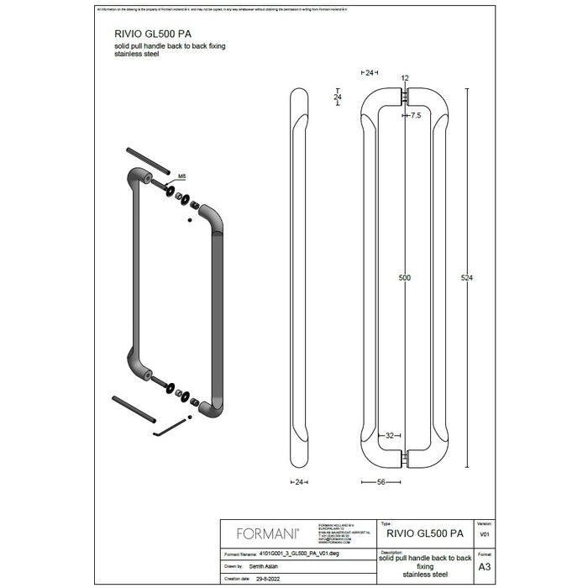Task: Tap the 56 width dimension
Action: tap(383, 482)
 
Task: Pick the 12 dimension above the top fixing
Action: tap(406, 77)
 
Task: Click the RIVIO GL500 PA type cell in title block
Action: tap(425, 533)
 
